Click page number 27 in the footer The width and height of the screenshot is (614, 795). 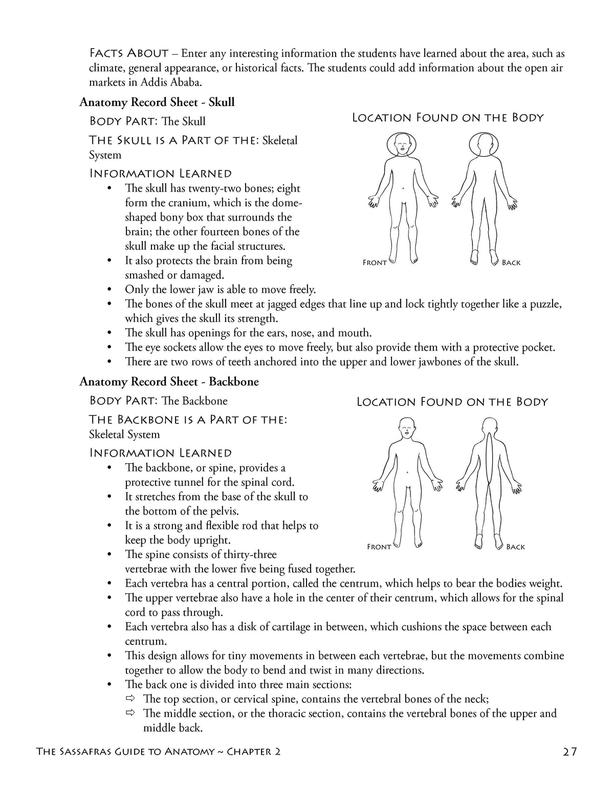point(569,751)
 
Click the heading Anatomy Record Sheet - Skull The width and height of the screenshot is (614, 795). point(157,102)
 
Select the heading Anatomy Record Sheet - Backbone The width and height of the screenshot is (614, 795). point(169,381)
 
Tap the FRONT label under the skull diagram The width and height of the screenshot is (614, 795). point(375,263)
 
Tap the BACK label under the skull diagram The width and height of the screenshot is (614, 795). point(511,263)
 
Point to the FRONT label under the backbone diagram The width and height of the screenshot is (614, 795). point(379,547)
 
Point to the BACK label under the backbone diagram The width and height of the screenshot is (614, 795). point(515,547)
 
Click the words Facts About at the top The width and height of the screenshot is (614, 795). point(129,53)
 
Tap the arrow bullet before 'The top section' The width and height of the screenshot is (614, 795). point(131,699)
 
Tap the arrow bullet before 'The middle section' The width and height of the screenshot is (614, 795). point(131,713)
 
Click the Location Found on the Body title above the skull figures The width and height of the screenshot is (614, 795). point(448,118)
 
